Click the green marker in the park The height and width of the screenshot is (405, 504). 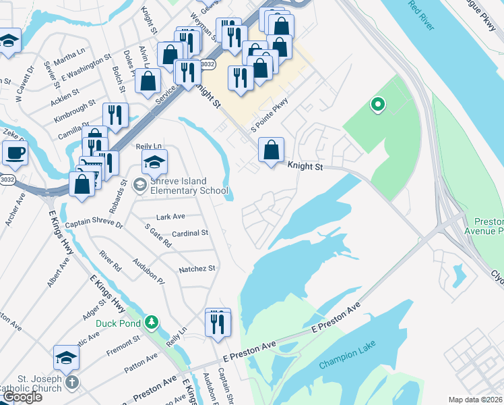click(x=378, y=104)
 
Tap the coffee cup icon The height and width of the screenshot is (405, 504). click(x=15, y=152)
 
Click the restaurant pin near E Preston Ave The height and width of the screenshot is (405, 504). click(x=217, y=323)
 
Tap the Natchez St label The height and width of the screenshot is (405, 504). click(x=197, y=269)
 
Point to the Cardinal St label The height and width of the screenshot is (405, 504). click(x=190, y=234)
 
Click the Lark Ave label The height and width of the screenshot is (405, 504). click(x=170, y=217)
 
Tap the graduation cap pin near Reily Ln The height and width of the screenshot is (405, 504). click(x=154, y=163)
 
